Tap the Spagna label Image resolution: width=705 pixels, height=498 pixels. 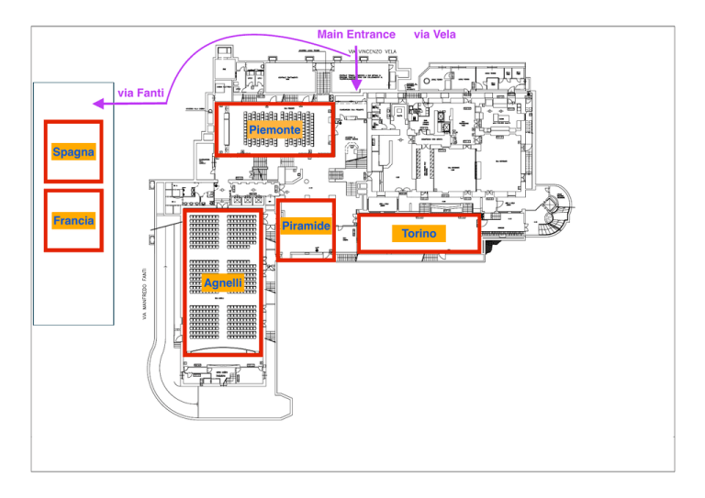73,151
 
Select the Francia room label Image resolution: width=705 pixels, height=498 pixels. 73,221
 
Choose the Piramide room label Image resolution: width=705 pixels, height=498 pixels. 306,226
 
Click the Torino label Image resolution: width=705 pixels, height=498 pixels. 419,235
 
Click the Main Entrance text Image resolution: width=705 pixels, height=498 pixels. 356,34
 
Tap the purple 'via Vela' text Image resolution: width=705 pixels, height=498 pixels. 435,34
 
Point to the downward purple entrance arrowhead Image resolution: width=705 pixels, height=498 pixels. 357,85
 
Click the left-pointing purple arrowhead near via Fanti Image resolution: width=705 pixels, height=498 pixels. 97,105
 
